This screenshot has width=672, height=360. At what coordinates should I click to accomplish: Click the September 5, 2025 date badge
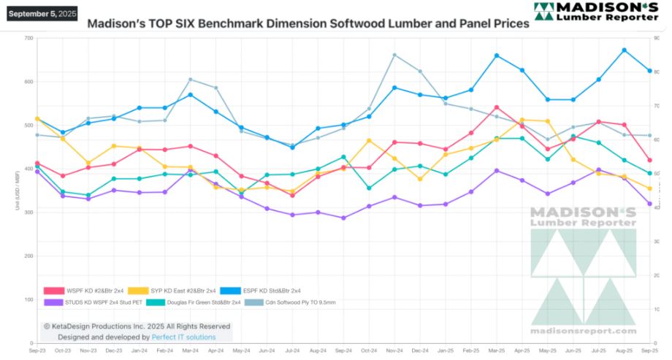click(43, 13)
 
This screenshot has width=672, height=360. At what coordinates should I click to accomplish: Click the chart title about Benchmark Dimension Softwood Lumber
click(308, 23)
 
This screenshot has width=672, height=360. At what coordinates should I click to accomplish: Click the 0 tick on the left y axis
click(31, 343)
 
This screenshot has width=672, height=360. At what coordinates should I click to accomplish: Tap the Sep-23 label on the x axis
click(37, 351)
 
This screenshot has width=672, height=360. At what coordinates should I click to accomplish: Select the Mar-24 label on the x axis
click(190, 351)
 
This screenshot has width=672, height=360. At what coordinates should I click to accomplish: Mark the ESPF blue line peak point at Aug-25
click(624, 50)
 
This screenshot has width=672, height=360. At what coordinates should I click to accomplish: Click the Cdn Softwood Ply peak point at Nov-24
click(394, 55)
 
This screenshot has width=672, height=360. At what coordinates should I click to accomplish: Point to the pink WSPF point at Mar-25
click(497, 107)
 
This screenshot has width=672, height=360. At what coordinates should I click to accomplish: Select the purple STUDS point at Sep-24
click(343, 218)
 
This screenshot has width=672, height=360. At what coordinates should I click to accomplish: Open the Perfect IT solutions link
click(183, 337)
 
